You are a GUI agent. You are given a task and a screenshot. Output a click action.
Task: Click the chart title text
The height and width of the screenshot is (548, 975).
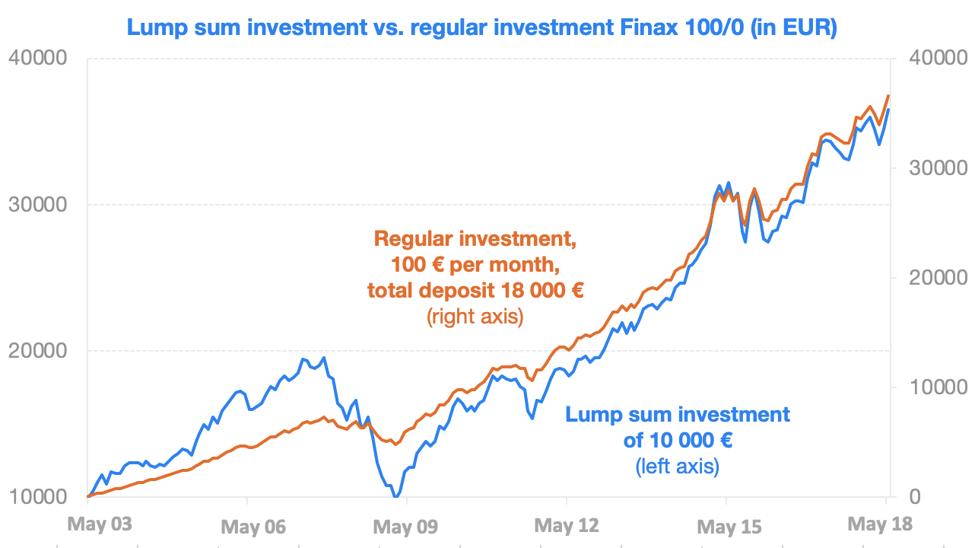[482, 27]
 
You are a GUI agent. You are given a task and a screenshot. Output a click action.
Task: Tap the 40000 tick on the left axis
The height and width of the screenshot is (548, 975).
[38, 58]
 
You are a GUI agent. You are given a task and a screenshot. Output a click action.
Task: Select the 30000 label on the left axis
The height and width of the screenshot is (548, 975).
[38, 204]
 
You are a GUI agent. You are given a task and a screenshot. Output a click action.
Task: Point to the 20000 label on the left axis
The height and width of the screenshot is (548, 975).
[38, 351]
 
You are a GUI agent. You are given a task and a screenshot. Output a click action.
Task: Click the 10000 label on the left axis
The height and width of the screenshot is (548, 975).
[38, 496]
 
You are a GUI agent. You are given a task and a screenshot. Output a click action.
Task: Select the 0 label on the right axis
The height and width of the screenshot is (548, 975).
[915, 496]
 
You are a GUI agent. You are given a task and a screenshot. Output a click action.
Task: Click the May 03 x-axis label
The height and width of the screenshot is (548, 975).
[100, 524]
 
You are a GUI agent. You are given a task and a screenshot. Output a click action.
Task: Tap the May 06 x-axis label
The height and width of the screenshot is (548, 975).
[253, 527]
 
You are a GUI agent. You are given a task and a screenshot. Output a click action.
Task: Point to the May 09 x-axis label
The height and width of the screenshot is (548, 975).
[405, 527]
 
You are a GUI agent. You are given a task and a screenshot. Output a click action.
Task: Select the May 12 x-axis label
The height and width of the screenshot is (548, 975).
[567, 525]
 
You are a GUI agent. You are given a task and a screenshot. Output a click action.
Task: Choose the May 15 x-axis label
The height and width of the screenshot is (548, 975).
[729, 527]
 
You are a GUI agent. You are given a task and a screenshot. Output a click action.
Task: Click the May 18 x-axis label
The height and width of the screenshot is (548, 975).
[880, 524]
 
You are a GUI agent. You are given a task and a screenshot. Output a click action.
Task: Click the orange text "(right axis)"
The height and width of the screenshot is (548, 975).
[475, 317]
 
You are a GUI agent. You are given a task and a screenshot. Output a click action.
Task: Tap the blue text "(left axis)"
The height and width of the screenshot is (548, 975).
[678, 467]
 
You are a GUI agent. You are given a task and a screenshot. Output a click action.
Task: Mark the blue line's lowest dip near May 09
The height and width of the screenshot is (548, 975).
[396, 496]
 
